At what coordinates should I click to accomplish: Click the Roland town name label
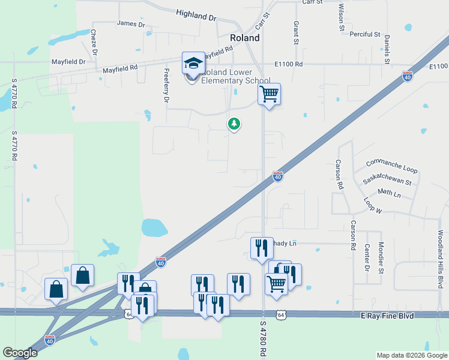click(x=245, y=38)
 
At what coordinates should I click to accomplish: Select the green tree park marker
click(x=234, y=124)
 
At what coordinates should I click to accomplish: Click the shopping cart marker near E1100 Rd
click(x=270, y=94)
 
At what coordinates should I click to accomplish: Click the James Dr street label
click(x=131, y=24)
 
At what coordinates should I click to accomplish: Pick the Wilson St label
click(x=341, y=17)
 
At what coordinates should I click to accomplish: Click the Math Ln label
click(x=389, y=193)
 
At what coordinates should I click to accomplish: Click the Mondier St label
click(x=381, y=254)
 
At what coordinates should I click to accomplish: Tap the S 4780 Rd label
click(x=262, y=340)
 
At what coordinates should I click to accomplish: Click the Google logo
click(x=20, y=353)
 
